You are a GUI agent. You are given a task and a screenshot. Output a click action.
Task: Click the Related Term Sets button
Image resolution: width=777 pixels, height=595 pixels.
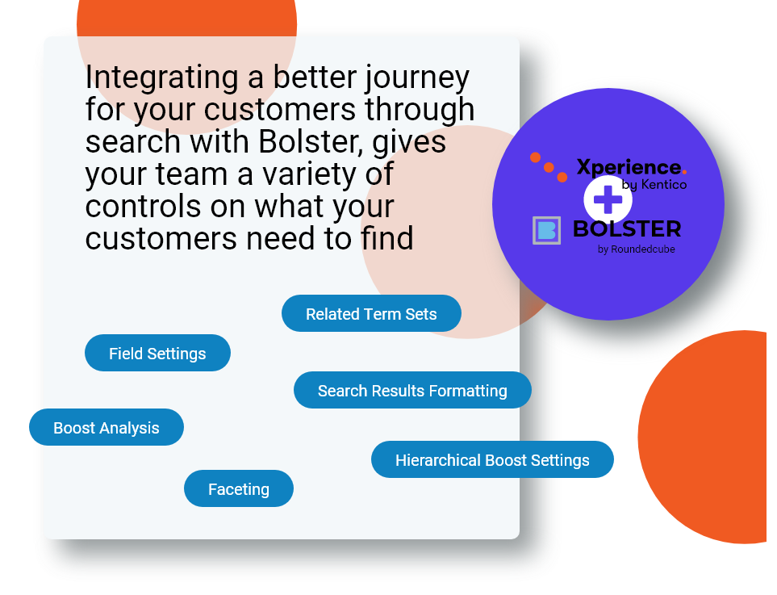[371, 313]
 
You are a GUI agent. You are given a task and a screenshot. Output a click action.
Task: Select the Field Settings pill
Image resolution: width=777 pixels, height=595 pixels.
[157, 353]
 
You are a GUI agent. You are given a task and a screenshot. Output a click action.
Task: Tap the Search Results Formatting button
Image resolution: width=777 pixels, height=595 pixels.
[412, 390]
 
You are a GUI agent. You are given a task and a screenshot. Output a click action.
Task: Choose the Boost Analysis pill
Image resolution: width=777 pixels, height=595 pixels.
[107, 427]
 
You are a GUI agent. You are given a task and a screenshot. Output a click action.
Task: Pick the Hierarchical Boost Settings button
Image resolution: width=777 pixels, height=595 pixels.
[492, 459]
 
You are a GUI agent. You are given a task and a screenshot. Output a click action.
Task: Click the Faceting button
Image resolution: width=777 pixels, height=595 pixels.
[238, 489]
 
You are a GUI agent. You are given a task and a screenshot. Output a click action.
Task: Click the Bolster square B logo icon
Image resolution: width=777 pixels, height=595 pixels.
[546, 231]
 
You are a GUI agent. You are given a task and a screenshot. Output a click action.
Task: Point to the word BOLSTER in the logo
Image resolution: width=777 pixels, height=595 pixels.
[627, 229]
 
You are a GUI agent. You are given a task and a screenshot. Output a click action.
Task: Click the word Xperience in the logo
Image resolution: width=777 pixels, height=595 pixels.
[629, 168]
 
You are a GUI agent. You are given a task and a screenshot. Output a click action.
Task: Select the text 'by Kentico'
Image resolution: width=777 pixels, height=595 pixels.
[654, 185]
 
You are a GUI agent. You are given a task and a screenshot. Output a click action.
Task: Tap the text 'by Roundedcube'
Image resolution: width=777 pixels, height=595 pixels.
[637, 249]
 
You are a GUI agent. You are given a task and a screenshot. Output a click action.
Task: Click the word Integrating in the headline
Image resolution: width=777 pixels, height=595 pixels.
[162, 78]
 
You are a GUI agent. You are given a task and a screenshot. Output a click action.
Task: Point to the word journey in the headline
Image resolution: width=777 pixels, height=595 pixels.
[418, 78]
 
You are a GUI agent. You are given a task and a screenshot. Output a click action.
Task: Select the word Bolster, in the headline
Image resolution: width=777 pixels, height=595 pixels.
[311, 142]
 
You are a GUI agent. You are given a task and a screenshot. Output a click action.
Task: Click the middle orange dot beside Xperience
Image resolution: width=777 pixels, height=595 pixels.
[549, 168]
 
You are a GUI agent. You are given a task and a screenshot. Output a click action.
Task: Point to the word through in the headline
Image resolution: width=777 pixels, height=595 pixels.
[420, 110]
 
